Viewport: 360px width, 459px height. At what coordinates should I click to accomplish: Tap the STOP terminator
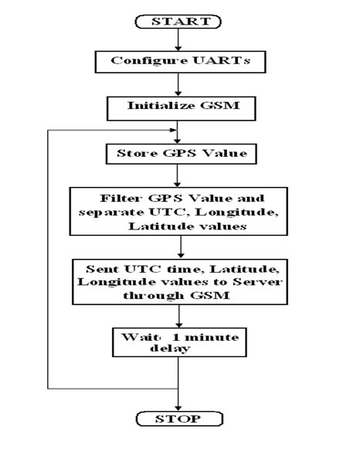(x=179, y=419)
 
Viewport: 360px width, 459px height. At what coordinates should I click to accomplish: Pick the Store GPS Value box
(x=179, y=152)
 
